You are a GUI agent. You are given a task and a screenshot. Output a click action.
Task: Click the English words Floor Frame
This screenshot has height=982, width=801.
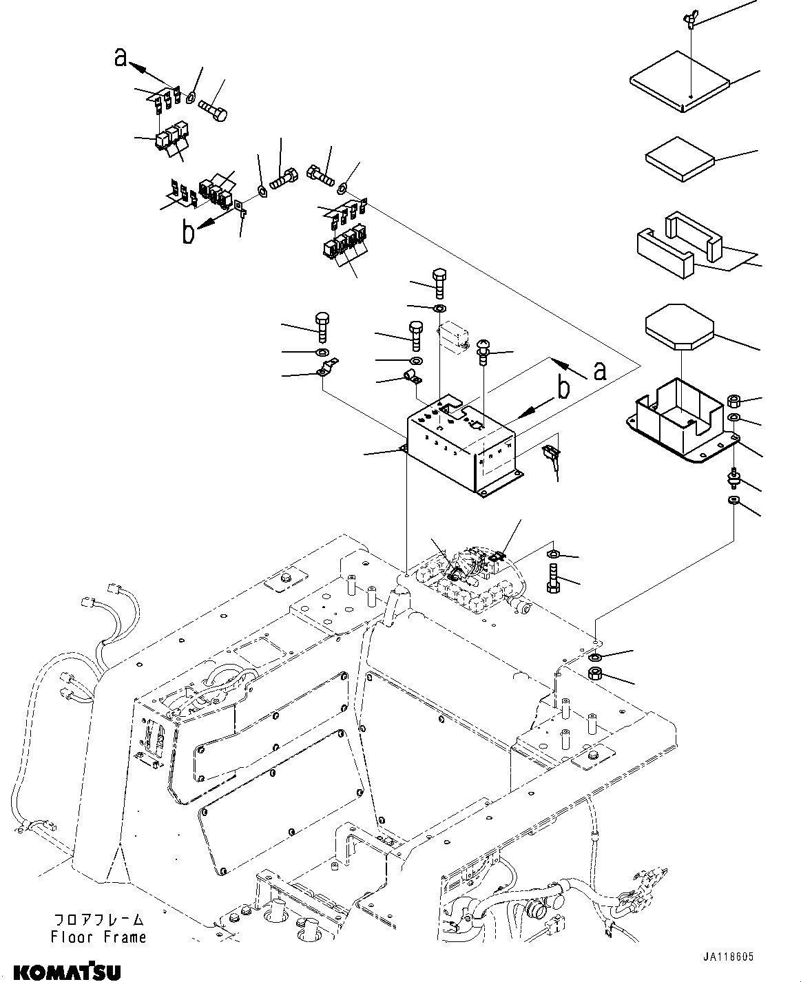coord(98,937)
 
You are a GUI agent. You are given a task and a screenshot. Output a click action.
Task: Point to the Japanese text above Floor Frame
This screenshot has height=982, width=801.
coord(99,919)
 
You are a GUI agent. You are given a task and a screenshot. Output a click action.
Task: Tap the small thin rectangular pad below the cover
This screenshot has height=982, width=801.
coord(680,158)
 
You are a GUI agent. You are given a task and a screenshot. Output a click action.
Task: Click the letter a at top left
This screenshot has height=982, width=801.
coord(121,58)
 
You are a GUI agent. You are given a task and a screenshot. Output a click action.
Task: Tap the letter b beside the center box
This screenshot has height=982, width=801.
coord(563,389)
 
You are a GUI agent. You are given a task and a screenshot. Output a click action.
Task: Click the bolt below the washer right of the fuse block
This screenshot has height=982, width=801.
coord(552,577)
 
